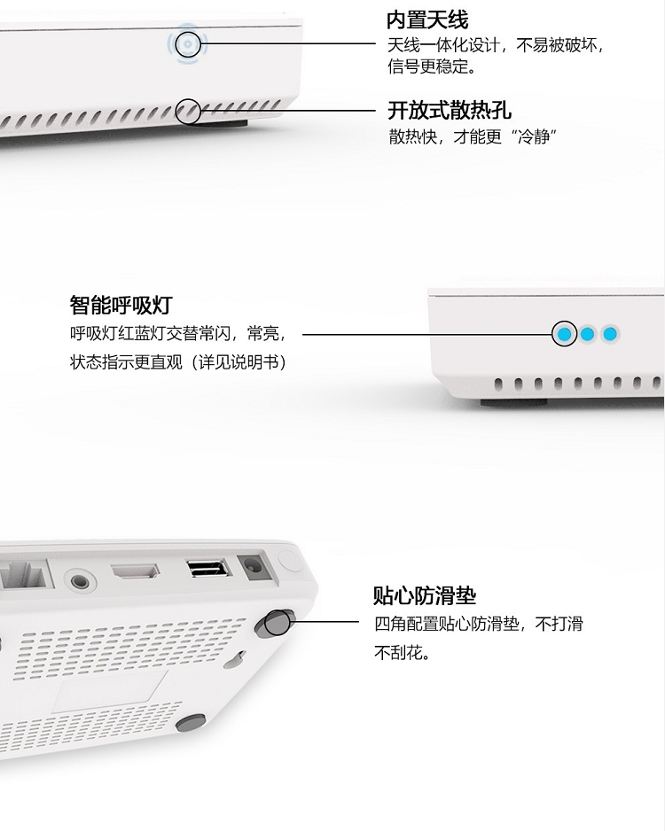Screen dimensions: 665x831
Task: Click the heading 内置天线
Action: coord(426,20)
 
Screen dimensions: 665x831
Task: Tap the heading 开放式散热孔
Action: coord(450,110)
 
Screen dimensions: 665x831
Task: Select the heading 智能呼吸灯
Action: coord(121,306)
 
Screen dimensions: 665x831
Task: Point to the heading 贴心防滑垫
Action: coord(425,595)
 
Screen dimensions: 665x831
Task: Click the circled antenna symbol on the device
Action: coord(188,43)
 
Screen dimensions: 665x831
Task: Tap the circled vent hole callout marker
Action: coord(188,112)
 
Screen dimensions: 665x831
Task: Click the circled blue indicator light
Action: coord(564,334)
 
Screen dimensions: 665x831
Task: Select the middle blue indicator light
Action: coord(587,334)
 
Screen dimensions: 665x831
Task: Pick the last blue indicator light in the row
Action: coord(610,334)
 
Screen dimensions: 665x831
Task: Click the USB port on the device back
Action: coord(208,568)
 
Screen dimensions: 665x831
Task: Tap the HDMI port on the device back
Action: coord(135,571)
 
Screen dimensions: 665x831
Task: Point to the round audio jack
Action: coord(80,581)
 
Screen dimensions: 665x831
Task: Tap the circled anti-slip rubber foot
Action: coord(276,622)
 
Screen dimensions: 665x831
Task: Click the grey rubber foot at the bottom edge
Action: coord(191,722)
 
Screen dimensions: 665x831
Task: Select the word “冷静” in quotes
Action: coord(535,136)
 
